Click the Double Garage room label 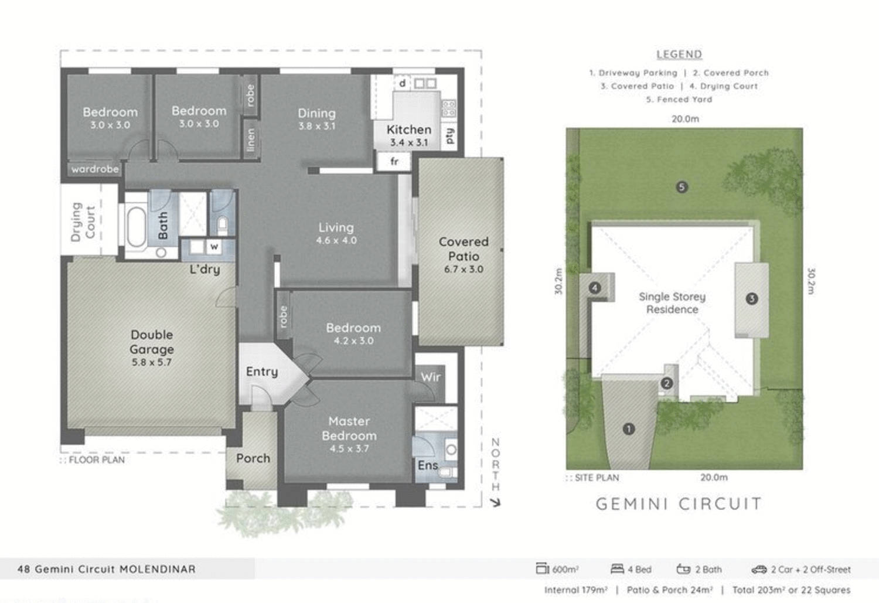(152, 342)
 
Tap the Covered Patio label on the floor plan (464, 249)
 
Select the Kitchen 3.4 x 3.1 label (408, 135)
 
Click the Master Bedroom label (349, 429)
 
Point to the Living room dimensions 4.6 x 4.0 (336, 240)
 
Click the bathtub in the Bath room (137, 226)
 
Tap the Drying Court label (83, 222)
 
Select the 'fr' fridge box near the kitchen (394, 161)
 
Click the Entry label (262, 372)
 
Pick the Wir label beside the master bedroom (431, 377)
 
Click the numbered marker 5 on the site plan (682, 188)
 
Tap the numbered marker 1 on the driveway (629, 429)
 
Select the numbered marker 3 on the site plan (752, 299)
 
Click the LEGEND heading (679, 54)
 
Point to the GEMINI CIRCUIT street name (679, 504)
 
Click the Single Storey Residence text (672, 303)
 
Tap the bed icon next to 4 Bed (617, 569)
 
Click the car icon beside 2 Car (759, 569)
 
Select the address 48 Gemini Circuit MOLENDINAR (107, 569)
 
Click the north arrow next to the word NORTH (495, 502)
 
